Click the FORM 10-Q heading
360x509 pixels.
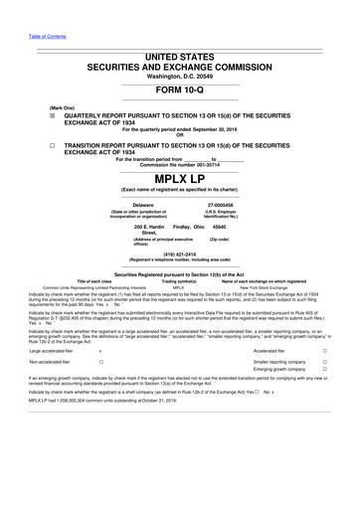point(180,84)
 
